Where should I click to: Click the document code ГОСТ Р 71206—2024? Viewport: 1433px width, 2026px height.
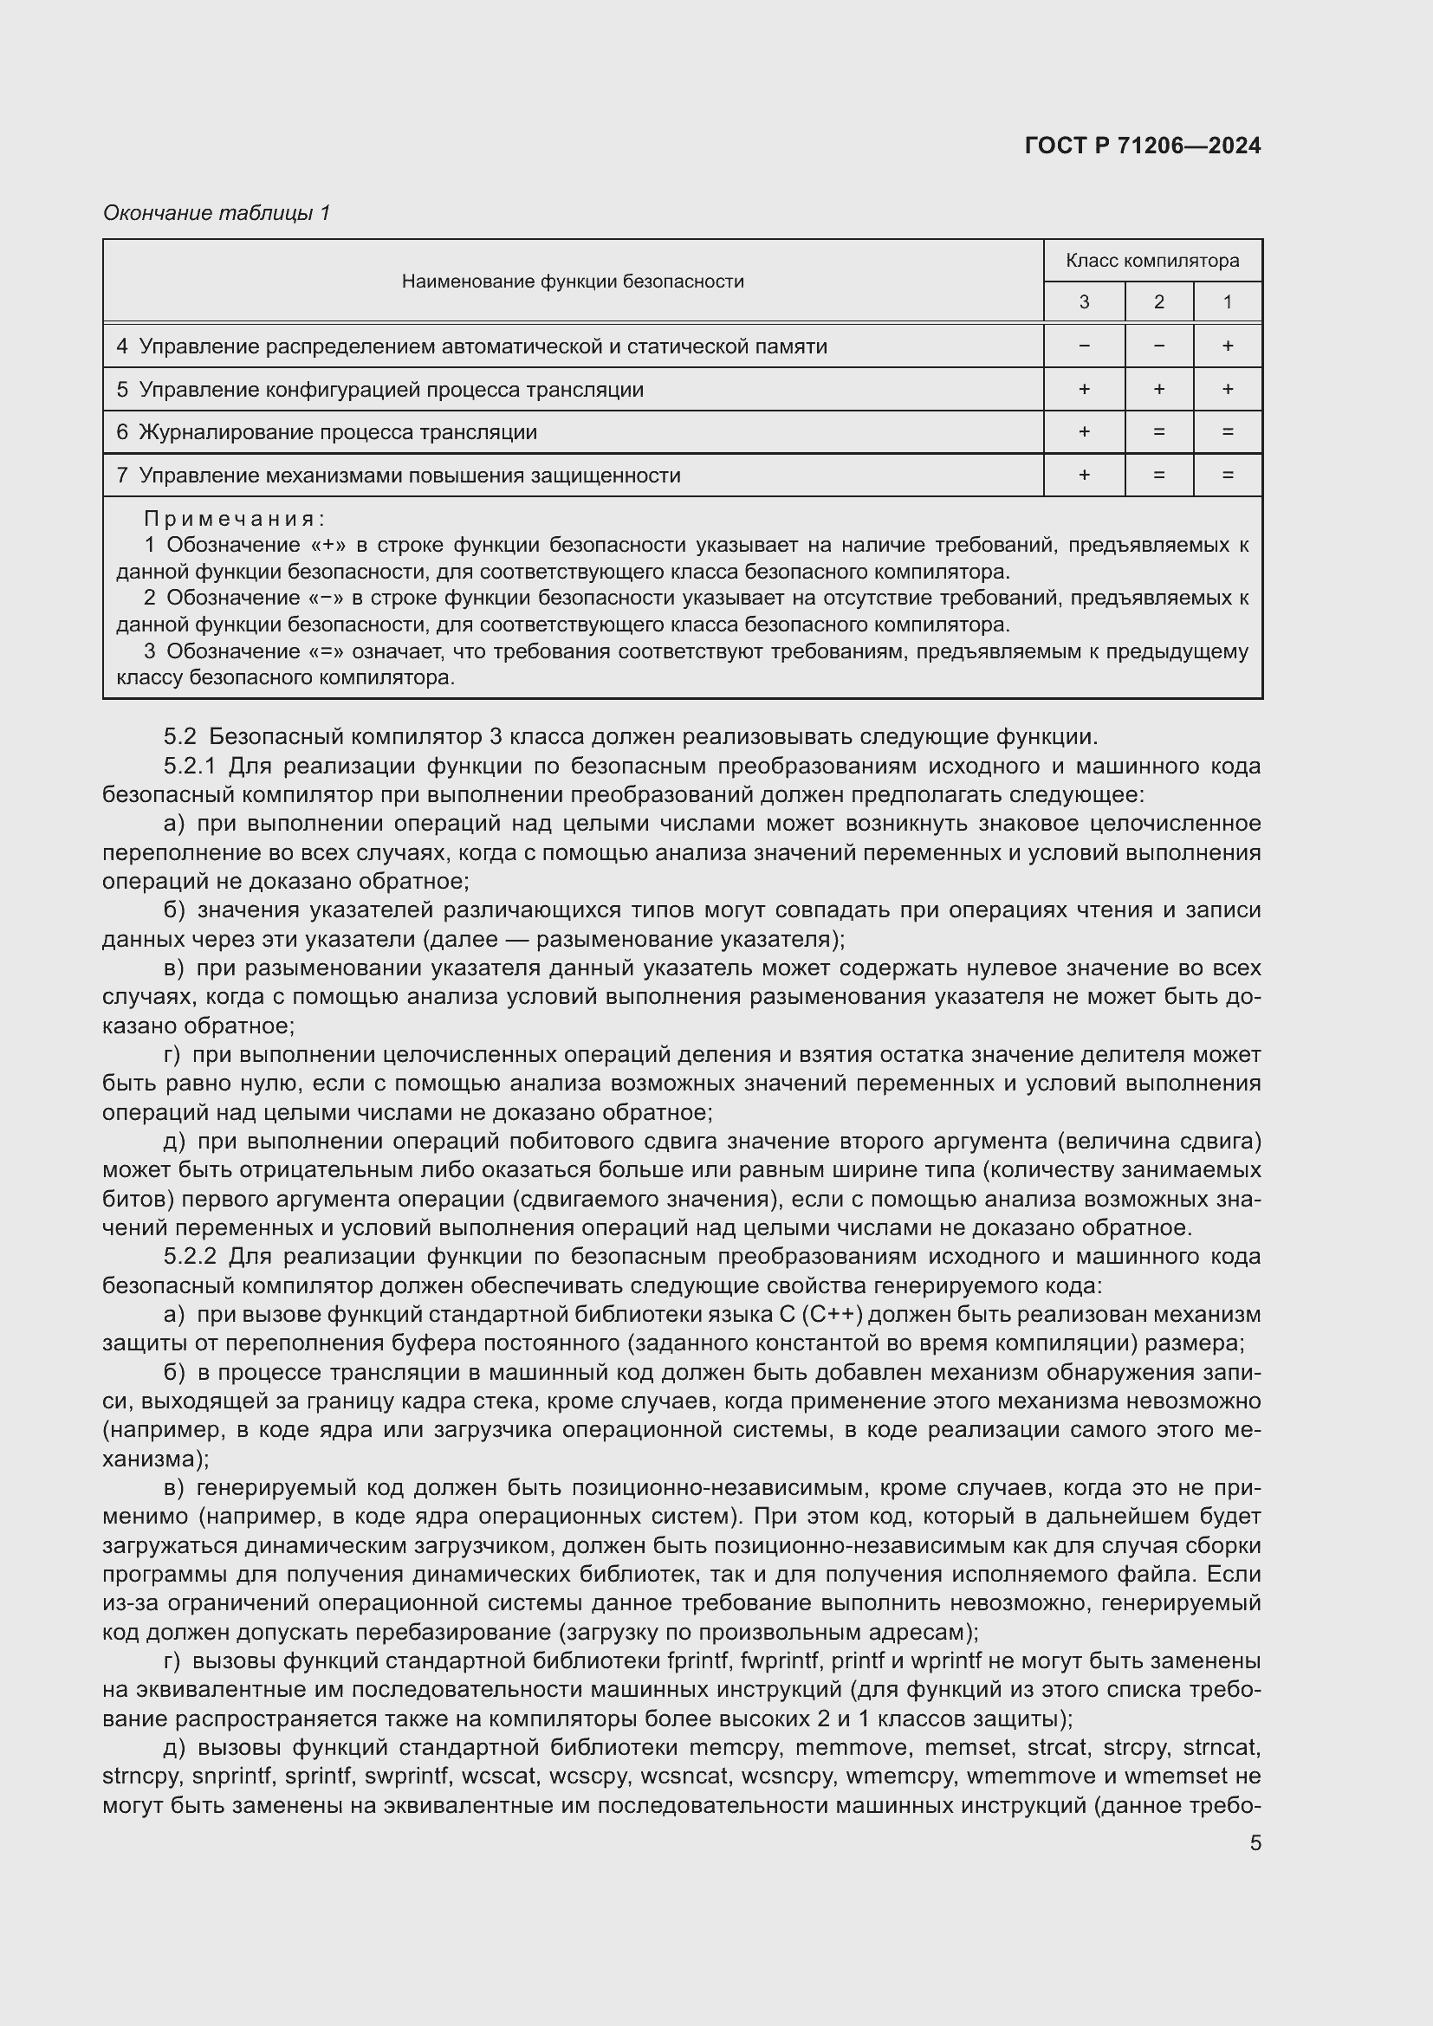(x=1142, y=146)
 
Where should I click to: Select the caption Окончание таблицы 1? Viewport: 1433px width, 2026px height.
(x=217, y=213)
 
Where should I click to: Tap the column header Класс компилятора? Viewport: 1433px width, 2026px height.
(x=1151, y=261)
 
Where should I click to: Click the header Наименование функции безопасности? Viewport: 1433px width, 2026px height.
(x=573, y=282)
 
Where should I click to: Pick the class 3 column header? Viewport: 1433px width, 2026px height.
(x=1084, y=301)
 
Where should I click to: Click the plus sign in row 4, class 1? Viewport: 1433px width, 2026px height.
(x=1227, y=346)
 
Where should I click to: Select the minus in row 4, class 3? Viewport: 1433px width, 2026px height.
(x=1084, y=346)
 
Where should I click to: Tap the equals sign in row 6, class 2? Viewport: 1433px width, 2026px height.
(x=1158, y=431)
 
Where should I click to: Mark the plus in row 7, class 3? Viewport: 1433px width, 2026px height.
(x=1084, y=475)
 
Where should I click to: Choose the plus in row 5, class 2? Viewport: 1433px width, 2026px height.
(x=1158, y=389)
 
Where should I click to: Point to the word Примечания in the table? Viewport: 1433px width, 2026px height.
(x=235, y=518)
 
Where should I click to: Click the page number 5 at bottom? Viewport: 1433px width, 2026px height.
(x=1255, y=1842)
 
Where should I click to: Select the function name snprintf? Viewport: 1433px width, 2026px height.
(x=232, y=1776)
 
